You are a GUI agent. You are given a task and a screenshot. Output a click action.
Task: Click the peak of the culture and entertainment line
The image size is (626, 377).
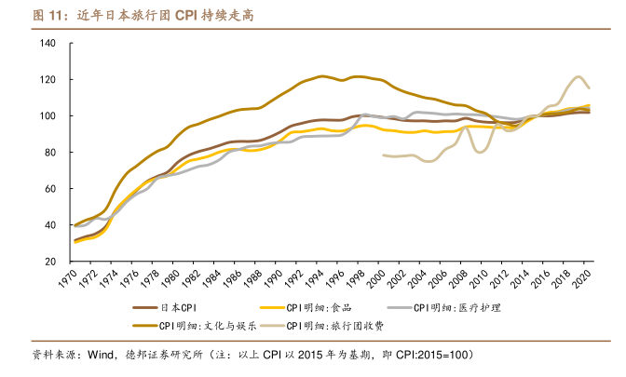321,76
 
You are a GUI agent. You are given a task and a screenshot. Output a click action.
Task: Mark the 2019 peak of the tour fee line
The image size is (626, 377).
579,76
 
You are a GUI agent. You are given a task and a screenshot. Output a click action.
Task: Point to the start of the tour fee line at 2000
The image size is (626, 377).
384,155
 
